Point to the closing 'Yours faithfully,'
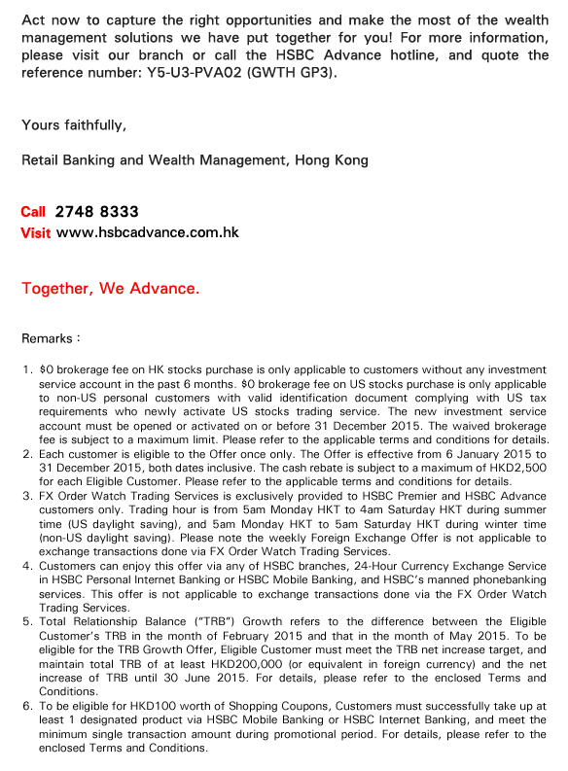coord(74,124)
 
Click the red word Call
coord(33,212)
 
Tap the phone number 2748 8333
coord(97,212)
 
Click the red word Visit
coord(35,233)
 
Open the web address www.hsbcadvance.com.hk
coord(148,233)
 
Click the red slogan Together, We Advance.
coord(111,289)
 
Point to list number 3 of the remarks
coord(27,495)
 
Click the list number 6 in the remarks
coord(27,707)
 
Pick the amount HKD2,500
coord(519,468)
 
